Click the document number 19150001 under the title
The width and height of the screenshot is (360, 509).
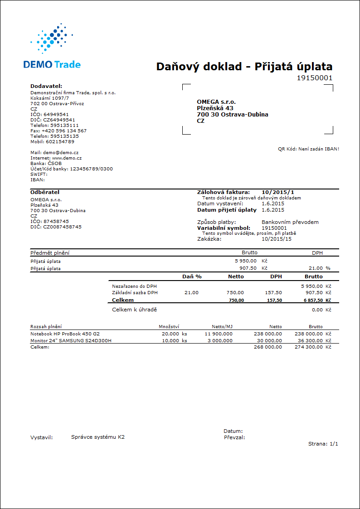click(314, 78)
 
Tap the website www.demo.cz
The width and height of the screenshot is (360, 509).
click(67, 158)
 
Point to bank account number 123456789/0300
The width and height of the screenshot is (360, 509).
click(91, 169)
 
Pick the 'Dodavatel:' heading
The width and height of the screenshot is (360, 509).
click(46, 86)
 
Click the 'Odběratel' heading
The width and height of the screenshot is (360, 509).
click(45, 192)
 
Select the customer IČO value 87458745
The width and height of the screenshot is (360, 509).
click(56, 221)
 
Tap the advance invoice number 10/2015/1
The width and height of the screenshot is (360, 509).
click(277, 192)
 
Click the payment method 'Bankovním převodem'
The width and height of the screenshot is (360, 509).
click(290, 222)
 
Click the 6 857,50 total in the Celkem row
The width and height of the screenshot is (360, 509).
click(311, 301)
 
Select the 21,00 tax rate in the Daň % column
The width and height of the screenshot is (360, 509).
click(191, 293)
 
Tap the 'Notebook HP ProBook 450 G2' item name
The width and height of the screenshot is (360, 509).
click(65, 334)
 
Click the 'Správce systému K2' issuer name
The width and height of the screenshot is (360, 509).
click(98, 437)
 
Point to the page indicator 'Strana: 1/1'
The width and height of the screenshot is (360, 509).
click(323, 444)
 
